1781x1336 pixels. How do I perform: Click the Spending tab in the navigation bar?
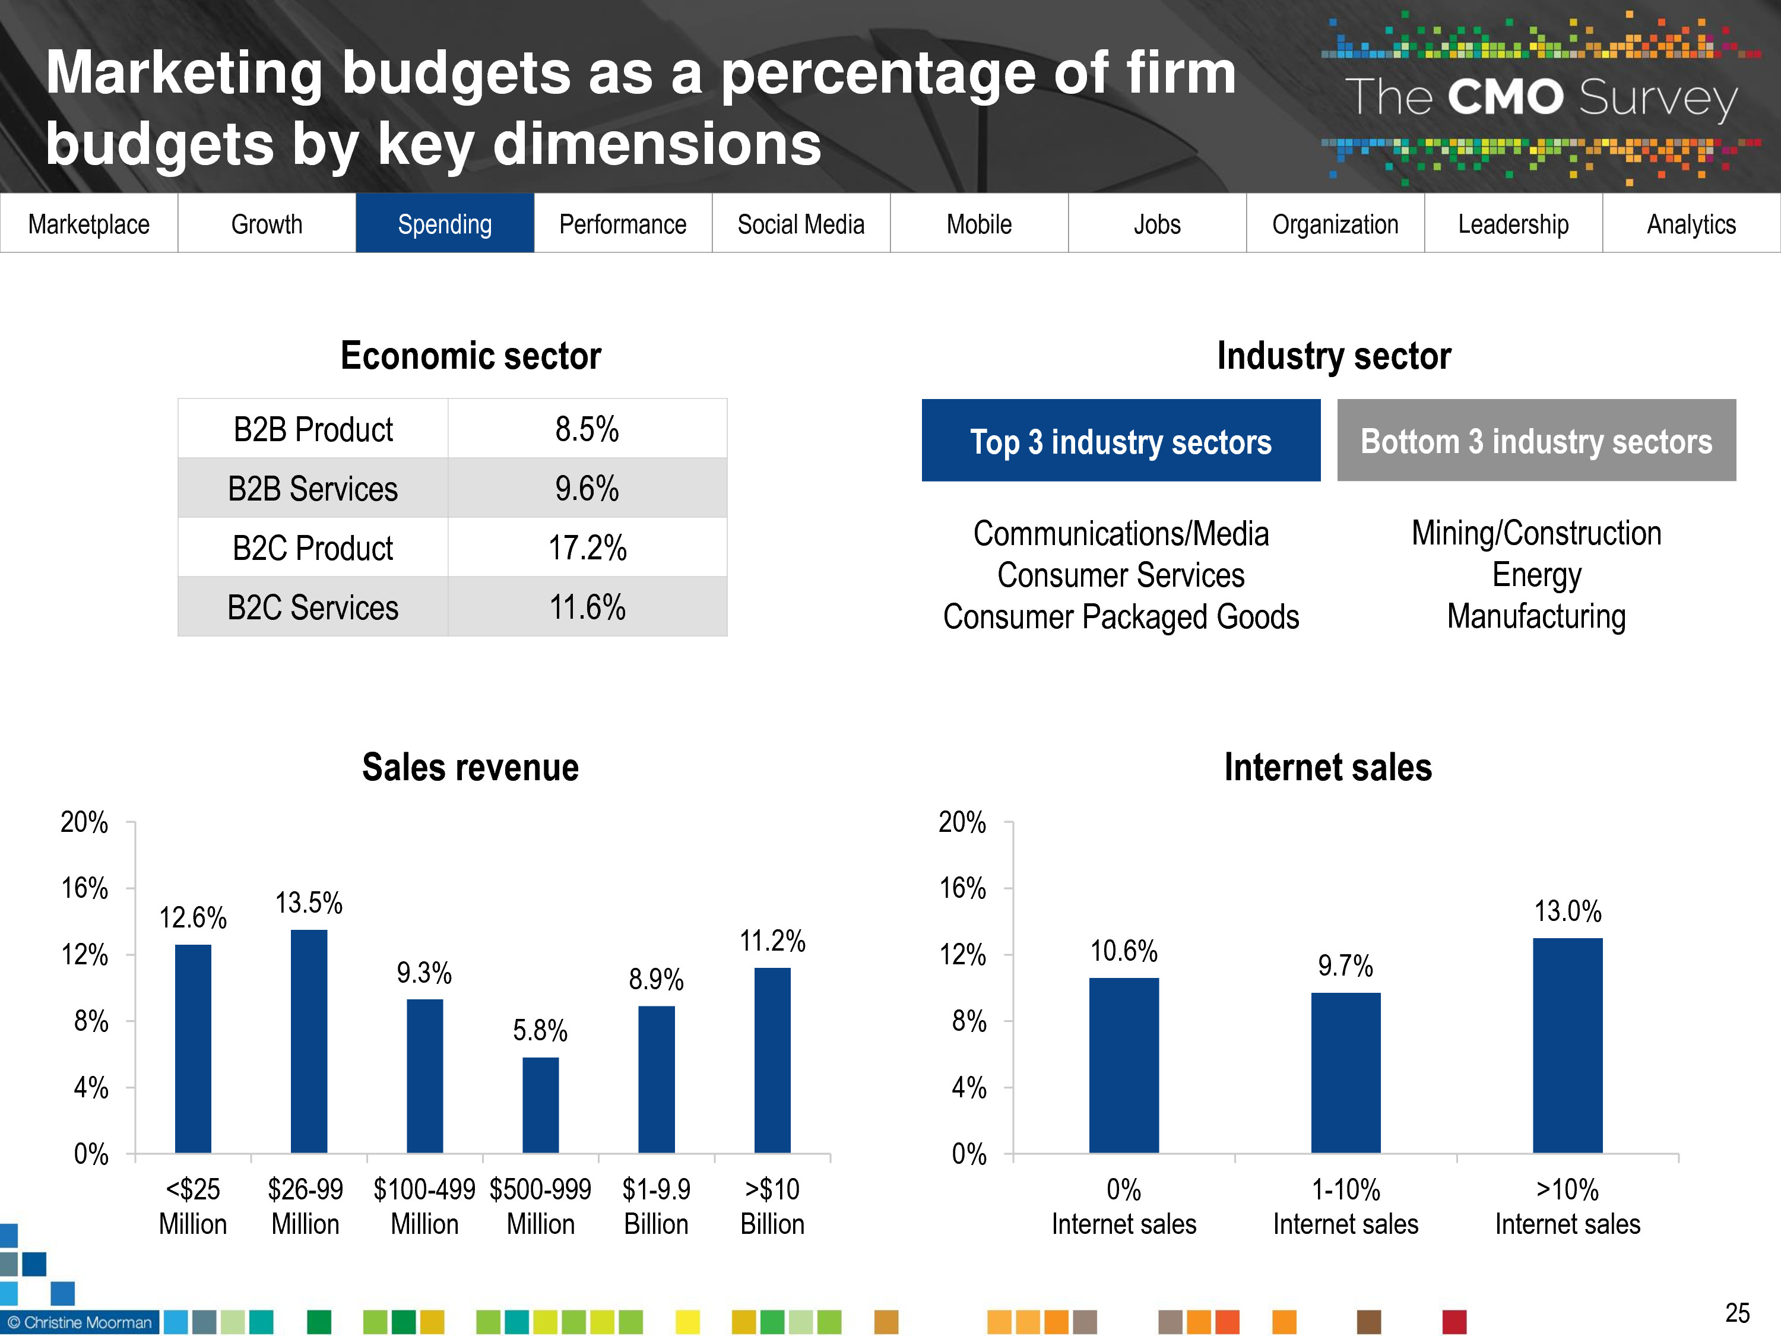(x=445, y=224)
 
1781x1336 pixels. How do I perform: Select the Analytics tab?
(x=1691, y=224)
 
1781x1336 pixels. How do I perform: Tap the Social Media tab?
(x=800, y=224)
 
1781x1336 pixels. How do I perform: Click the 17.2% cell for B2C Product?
(x=587, y=547)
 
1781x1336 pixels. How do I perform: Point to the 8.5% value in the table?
(x=587, y=429)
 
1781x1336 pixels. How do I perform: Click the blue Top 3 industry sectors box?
(x=1120, y=441)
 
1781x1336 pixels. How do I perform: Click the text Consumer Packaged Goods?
(x=1120, y=617)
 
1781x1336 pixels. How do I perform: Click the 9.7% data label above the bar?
(x=1345, y=965)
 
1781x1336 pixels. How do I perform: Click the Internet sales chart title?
(x=1327, y=767)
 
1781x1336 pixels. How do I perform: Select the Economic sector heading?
(x=470, y=356)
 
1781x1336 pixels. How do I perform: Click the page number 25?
(x=1736, y=1313)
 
